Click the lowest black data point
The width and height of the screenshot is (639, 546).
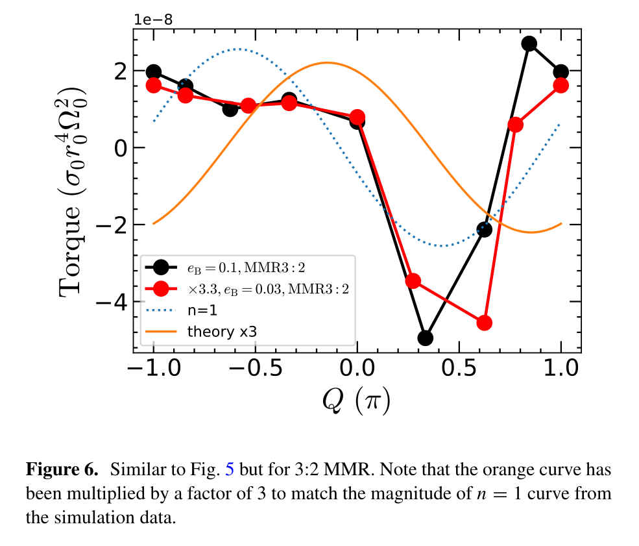click(426, 338)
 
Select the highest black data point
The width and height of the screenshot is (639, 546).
click(529, 43)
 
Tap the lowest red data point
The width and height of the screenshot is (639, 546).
click(484, 323)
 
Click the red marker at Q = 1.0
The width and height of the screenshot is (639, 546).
click(561, 85)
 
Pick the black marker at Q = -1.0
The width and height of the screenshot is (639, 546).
click(154, 72)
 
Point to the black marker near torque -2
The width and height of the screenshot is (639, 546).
click(484, 229)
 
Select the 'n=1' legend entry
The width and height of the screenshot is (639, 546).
click(201, 310)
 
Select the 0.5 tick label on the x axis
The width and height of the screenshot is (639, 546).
click(459, 368)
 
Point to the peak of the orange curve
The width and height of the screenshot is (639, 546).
click(327, 63)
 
